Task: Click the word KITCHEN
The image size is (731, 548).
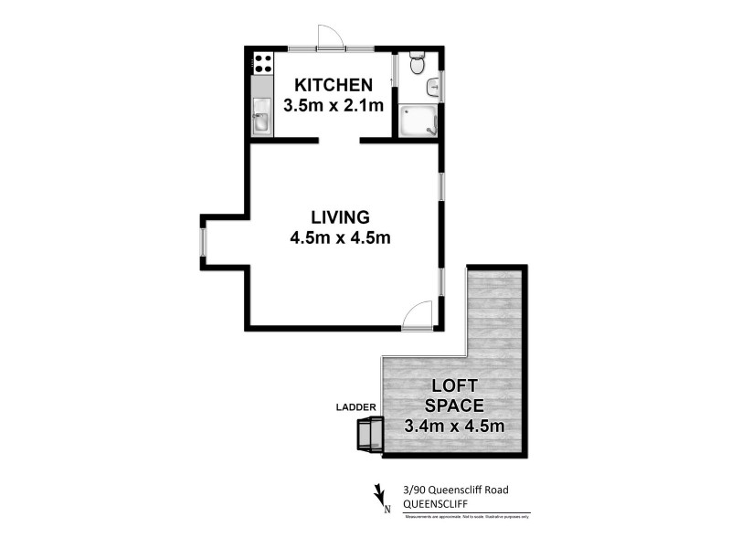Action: pos(333,85)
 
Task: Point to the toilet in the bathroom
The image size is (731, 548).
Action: pos(417,64)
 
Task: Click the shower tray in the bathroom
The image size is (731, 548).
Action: pos(418,121)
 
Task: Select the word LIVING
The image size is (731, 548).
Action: pos(340,217)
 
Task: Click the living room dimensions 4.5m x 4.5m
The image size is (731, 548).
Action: pos(340,238)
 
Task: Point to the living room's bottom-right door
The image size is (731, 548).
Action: pos(417,314)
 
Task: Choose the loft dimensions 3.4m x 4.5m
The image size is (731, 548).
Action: pos(454,425)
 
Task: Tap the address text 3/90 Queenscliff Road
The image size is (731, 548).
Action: pos(455,490)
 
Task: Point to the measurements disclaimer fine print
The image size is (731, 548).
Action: pos(467,517)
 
